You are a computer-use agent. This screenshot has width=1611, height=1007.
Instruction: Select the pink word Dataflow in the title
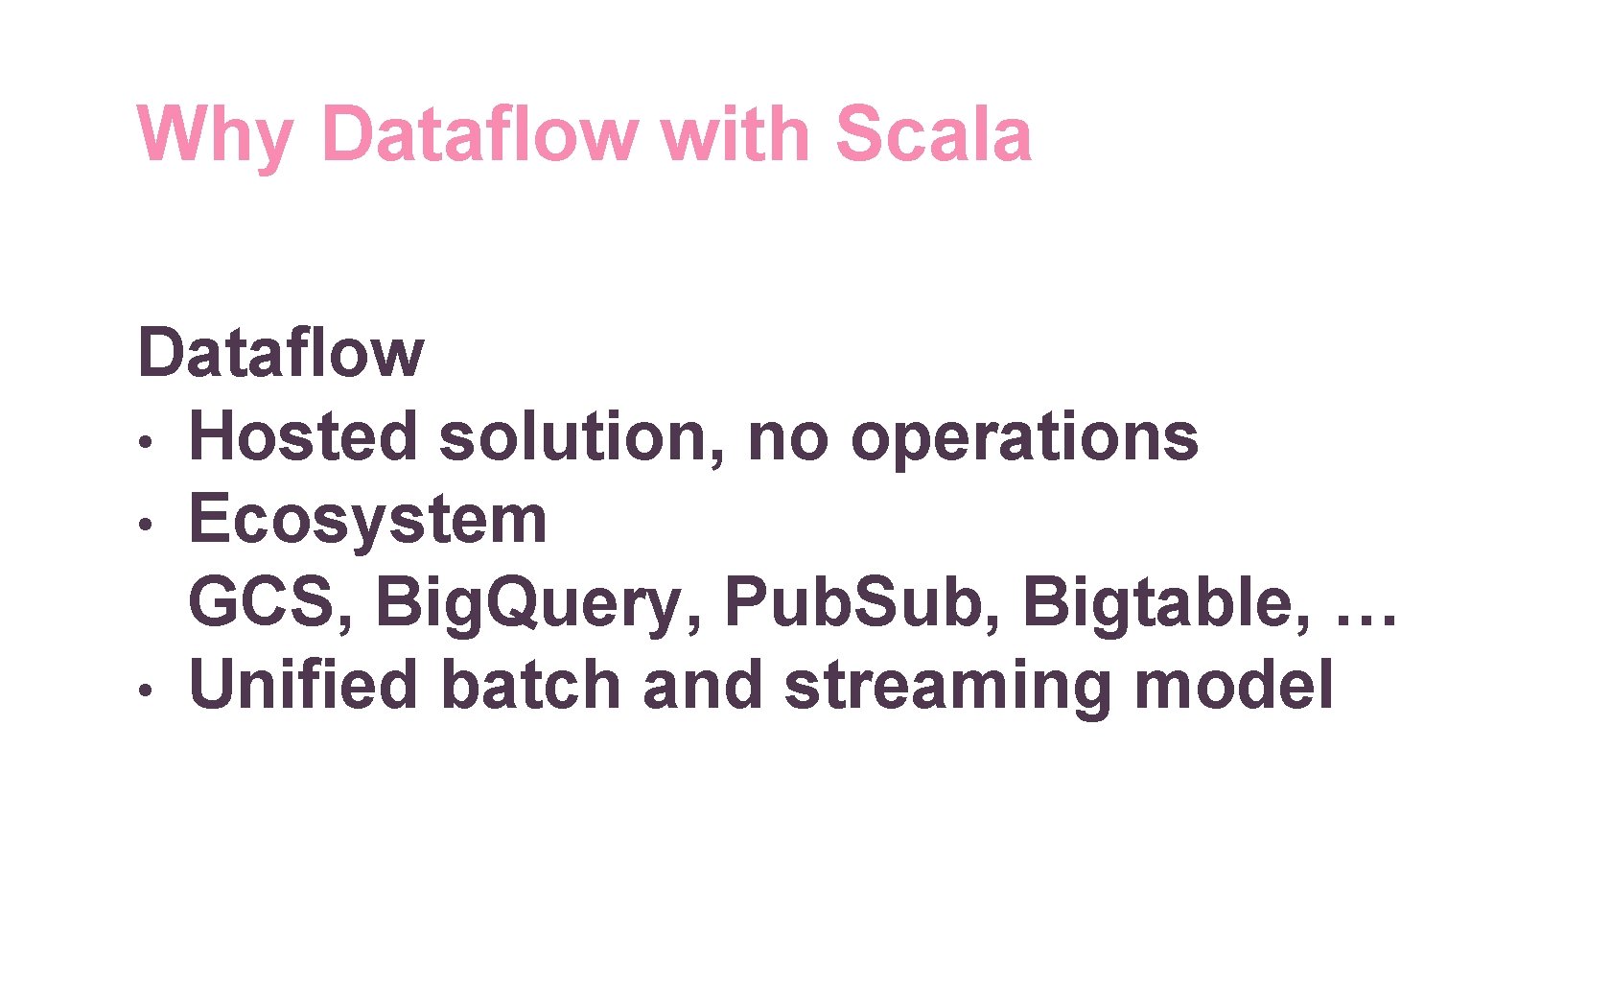[479, 133]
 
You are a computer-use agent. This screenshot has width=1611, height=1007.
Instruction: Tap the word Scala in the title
[933, 133]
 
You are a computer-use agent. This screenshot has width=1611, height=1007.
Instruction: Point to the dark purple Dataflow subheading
[280, 353]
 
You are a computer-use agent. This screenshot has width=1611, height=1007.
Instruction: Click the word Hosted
[303, 436]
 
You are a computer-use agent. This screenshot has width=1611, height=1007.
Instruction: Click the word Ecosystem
[367, 521]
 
